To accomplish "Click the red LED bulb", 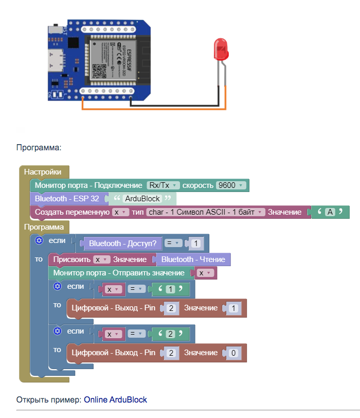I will point(221,50).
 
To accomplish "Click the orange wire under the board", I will point(154,109).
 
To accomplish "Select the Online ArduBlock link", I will point(115,399).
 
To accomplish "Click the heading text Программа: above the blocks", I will point(39,148).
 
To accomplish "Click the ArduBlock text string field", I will point(142,198).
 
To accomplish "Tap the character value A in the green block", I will point(330,212).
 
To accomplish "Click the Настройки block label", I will point(43,172).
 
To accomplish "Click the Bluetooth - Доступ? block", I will point(125,242).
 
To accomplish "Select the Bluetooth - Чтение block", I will point(193,259).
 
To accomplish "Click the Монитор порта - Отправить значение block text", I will point(119,273).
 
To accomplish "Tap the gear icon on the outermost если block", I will point(39,240).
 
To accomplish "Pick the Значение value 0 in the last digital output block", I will point(233,353).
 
